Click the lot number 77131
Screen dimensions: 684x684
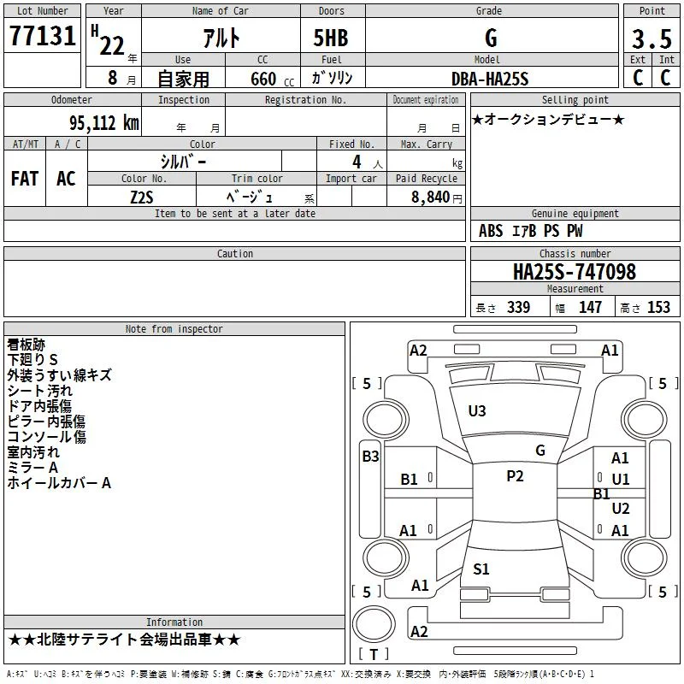[42, 35]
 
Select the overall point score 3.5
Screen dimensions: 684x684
[652, 38]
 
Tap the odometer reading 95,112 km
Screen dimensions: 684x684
[103, 123]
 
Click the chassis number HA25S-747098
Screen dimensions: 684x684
[575, 272]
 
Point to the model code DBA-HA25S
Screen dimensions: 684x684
[490, 79]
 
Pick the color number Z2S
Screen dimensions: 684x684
[142, 198]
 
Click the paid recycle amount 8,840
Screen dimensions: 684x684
[430, 197]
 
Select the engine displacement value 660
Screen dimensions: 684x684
[263, 79]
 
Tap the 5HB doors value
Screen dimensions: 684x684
[331, 38]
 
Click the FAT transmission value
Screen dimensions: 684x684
[25, 179]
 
